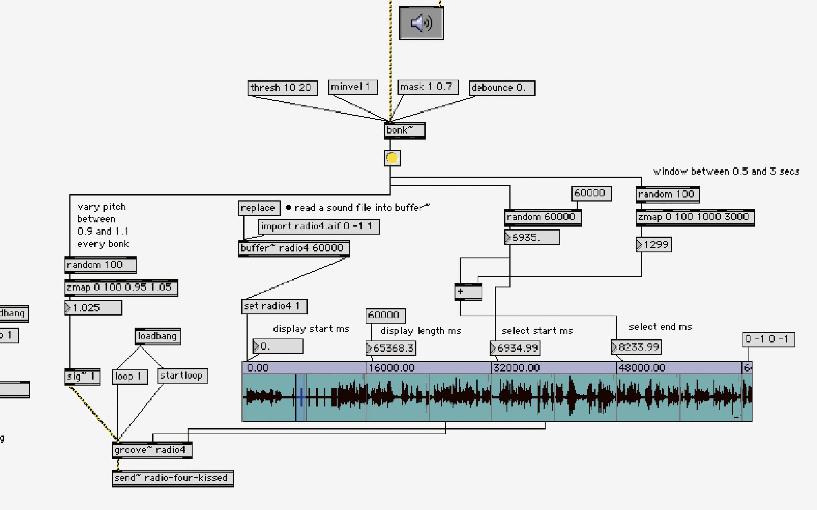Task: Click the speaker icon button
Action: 421,23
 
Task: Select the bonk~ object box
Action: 404,131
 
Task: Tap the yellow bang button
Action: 392,158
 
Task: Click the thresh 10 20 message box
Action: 282,88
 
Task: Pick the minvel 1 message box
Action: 353,87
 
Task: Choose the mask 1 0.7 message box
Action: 428,87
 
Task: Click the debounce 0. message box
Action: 501,88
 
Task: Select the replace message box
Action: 259,208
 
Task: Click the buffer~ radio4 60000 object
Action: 294,248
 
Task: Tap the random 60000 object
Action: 542,217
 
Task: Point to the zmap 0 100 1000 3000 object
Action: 694,217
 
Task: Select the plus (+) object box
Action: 468,292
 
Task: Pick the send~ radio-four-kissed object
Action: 172,478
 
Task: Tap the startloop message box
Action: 182,376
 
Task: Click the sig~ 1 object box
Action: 82,376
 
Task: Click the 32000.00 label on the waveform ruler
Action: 517,368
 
